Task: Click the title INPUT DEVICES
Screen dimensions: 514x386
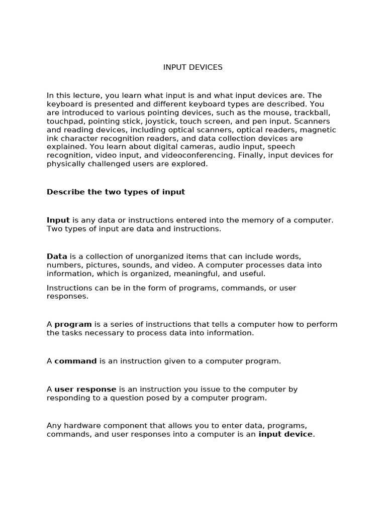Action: (192, 67)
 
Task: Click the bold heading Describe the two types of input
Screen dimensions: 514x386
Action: (116, 192)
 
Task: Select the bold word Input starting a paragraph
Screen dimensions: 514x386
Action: (58, 220)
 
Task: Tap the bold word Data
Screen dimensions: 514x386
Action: (57, 256)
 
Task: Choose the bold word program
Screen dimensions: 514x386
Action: (73, 325)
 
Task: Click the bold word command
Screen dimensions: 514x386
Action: (75, 361)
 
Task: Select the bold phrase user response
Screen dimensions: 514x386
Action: (85, 389)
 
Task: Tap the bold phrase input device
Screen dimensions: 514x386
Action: (285, 434)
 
